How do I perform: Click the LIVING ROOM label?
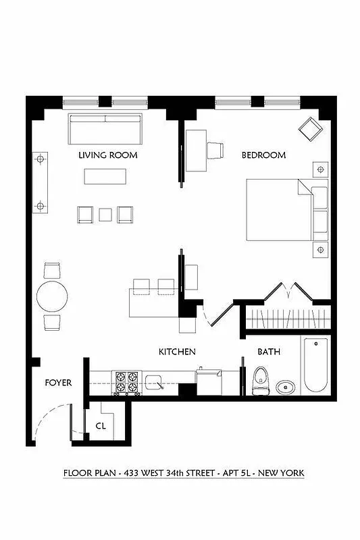tap(108, 155)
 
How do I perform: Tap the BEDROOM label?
tap(264, 155)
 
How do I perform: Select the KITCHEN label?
tap(177, 352)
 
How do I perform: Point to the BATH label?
tap(269, 352)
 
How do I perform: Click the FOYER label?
tap(58, 383)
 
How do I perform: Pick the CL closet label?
tap(101, 426)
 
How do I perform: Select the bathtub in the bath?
tap(315, 364)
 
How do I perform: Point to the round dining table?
tap(52, 296)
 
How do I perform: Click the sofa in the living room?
tap(105, 128)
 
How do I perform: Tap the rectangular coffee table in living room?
tap(105, 175)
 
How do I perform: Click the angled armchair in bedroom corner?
tap(312, 128)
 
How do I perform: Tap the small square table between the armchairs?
tap(105, 215)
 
